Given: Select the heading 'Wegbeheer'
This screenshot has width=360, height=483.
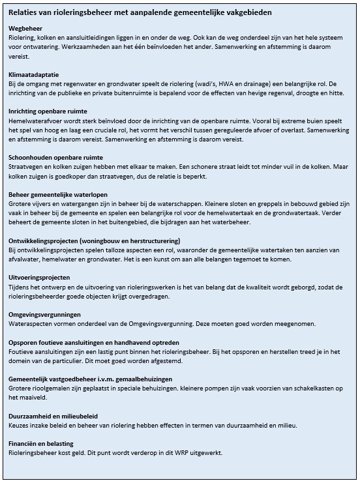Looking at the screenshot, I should (27, 29).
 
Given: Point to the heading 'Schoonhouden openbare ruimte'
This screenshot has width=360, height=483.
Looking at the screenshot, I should (55, 158).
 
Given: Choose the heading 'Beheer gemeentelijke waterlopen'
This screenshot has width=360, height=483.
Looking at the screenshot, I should (58, 194).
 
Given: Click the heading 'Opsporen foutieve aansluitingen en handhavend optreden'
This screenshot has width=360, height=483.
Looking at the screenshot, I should (94, 342).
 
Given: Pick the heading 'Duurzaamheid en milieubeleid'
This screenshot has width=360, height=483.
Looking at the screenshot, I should (54, 415).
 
